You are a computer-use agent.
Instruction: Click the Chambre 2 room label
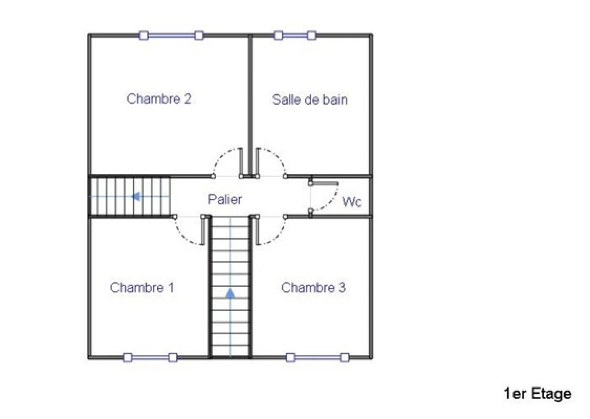(159, 99)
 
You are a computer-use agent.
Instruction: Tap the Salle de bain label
(309, 100)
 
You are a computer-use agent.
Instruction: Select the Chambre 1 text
(142, 287)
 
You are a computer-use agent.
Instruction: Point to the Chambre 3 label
(313, 287)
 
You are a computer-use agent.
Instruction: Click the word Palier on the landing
(225, 199)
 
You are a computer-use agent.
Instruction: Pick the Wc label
(352, 202)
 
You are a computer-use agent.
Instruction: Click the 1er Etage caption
(538, 393)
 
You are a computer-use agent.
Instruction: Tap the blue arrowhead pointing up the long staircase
(230, 293)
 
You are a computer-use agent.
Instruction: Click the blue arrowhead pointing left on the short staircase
(135, 196)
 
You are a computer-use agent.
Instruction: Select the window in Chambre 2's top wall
(171, 36)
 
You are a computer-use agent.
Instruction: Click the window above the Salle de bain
(295, 36)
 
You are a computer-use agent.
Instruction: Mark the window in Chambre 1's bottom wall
(150, 357)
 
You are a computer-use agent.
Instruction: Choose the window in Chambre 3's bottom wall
(317, 357)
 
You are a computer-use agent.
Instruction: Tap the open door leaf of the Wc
(324, 182)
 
